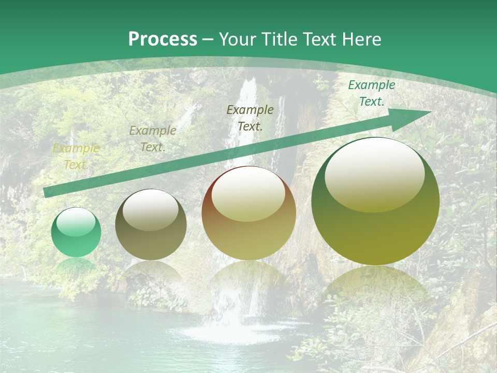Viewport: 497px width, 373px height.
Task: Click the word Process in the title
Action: click(163, 39)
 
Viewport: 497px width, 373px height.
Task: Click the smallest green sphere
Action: click(76, 233)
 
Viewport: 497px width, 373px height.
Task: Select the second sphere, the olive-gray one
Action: click(151, 225)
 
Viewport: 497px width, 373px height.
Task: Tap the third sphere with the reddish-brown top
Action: click(249, 213)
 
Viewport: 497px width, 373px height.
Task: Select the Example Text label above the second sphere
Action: click(153, 139)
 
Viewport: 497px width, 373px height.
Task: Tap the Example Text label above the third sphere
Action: click(250, 118)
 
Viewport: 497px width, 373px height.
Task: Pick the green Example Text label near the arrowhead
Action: click(371, 93)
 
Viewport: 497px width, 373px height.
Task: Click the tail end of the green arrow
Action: click(47, 192)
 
